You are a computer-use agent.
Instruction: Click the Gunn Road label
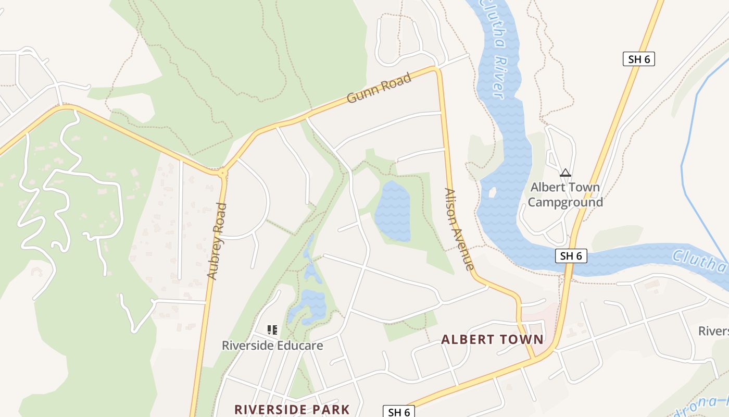pos(379,88)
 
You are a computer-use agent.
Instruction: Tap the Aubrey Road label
pos(217,241)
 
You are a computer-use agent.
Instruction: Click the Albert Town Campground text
pos(565,194)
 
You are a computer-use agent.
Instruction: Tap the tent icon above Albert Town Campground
pos(565,173)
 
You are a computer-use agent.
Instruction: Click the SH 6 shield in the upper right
pos(638,59)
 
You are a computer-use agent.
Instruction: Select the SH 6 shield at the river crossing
pos(571,256)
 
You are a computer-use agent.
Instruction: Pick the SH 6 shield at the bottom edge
pos(399,412)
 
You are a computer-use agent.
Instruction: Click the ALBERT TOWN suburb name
pos(492,340)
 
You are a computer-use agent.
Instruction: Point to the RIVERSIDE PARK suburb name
pos(292,409)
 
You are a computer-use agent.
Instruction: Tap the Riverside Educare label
pos(272,346)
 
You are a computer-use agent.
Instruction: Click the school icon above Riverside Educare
pos(272,329)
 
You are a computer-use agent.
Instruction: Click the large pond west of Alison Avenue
pos(392,211)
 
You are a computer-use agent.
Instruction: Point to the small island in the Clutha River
pos(492,192)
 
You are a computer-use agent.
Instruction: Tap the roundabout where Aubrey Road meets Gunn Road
pos(223,173)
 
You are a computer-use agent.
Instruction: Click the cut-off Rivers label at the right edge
pos(713,332)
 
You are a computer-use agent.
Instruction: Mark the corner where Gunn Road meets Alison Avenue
pos(436,69)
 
